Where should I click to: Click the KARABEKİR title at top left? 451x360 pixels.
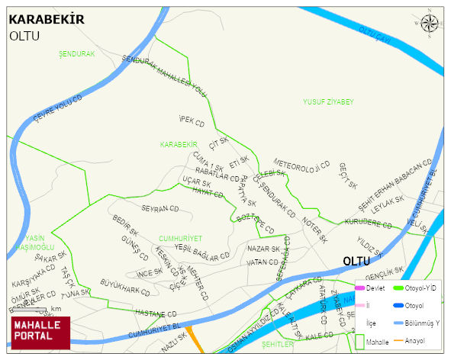pos(46,20)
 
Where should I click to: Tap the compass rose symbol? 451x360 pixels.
pos(430,24)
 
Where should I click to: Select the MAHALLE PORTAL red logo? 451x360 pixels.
pos(40,333)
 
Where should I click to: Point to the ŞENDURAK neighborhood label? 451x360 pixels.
pos(76,55)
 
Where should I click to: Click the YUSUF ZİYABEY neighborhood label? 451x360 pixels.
pos(328,101)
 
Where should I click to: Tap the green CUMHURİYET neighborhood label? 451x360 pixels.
pos(180,238)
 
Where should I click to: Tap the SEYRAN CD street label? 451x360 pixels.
pos(159,208)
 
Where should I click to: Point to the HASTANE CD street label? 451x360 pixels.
pos(156,313)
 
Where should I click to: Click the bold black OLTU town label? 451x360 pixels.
pos(356,261)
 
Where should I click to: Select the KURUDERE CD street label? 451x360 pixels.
pos(368,223)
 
